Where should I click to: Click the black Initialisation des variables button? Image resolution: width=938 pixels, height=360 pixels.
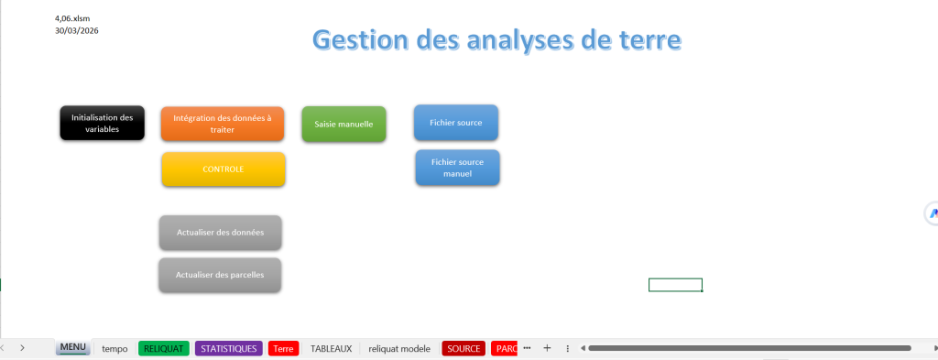click(x=103, y=123)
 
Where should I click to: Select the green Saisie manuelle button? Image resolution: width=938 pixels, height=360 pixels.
click(x=344, y=125)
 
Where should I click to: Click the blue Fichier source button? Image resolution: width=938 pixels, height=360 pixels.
click(x=456, y=123)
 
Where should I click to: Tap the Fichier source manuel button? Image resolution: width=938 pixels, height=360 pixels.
click(x=458, y=168)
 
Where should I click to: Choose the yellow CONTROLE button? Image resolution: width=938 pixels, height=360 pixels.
click(x=224, y=169)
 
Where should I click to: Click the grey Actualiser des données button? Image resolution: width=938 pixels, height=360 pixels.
click(x=220, y=233)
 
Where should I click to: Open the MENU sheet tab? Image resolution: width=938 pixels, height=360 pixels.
click(x=73, y=347)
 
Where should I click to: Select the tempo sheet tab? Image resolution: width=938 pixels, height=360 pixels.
click(x=115, y=349)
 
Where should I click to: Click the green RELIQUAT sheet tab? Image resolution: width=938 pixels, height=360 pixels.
click(x=164, y=349)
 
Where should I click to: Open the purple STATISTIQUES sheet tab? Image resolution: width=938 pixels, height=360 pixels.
click(x=228, y=349)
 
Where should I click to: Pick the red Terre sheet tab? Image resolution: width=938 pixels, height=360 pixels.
click(x=284, y=349)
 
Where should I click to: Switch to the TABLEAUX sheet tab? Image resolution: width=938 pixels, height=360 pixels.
click(x=331, y=349)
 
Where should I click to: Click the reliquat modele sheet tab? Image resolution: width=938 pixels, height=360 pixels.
click(x=399, y=349)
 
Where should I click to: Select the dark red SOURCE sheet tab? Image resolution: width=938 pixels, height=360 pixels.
click(x=464, y=349)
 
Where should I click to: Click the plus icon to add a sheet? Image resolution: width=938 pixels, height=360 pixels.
click(x=547, y=348)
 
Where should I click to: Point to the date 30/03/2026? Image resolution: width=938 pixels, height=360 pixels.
click(x=77, y=30)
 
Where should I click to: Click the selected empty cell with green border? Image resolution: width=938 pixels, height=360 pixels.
click(x=675, y=285)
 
